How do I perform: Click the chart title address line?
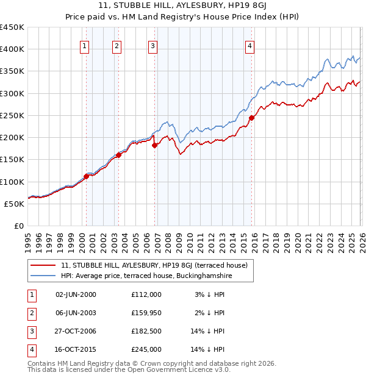coord(182,6)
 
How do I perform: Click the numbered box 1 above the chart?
coord(84,45)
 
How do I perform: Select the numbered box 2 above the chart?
coord(117,45)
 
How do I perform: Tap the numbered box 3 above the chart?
coord(152,45)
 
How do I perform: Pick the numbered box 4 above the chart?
coord(250,45)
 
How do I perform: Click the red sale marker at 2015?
coord(252,118)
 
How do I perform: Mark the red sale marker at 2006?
coord(155,145)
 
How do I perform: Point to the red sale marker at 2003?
coord(118,155)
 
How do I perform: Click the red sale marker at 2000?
coord(86,176)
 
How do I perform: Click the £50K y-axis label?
coord(14,204)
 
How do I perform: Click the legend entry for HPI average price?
coord(146,276)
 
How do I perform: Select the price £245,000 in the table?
coord(146,349)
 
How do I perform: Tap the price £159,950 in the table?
coord(146,313)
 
